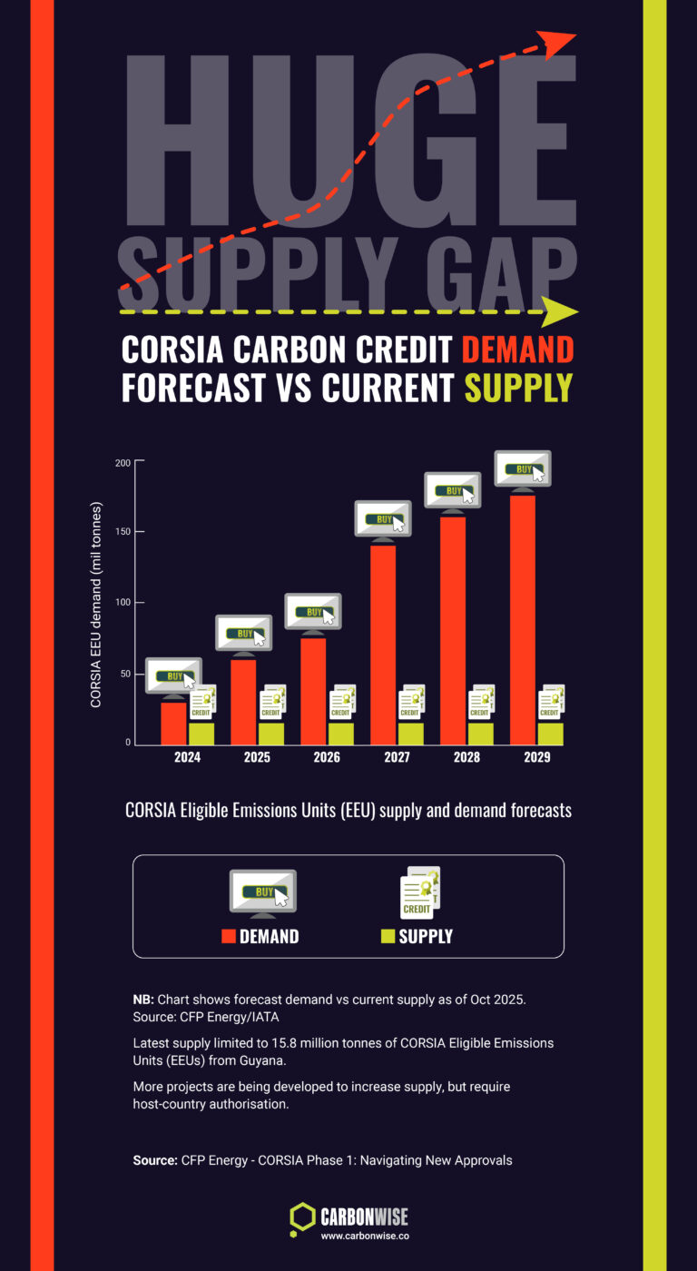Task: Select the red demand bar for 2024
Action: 173,723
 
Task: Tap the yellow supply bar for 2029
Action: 550,734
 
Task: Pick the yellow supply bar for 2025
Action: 270,734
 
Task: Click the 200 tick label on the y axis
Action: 122,463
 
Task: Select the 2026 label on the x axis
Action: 327,757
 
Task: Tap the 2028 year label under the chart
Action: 466,757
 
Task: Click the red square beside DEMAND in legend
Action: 229,936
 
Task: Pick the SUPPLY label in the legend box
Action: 425,936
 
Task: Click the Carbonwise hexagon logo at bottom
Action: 302,1219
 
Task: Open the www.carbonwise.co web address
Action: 363,1236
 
